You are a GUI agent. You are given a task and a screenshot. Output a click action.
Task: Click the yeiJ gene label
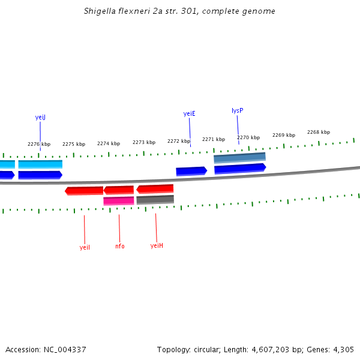(x=40, y=118)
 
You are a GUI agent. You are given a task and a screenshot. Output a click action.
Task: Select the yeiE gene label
(x=189, y=113)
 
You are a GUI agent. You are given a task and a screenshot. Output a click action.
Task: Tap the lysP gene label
(x=237, y=110)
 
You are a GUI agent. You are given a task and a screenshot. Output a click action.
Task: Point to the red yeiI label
(x=85, y=247)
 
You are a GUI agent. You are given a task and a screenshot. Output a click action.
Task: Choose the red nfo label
(x=120, y=247)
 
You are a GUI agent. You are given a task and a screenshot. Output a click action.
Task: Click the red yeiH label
(x=157, y=245)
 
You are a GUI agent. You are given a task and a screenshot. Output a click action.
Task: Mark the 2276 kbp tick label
(x=39, y=144)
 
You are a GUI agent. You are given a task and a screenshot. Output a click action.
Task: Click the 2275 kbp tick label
(x=74, y=144)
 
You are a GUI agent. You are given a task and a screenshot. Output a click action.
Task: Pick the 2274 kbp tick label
(x=109, y=143)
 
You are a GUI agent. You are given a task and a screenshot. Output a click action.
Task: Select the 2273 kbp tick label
(x=144, y=142)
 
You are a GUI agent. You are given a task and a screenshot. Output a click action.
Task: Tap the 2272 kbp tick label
(x=179, y=141)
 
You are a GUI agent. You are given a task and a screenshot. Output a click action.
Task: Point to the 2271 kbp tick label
(x=214, y=139)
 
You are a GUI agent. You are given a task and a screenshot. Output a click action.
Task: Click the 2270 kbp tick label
(x=248, y=137)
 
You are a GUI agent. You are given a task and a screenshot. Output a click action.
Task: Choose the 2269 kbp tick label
(x=284, y=135)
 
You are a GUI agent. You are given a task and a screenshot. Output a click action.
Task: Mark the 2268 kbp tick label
(x=319, y=132)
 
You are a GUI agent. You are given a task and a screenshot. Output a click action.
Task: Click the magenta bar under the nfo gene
(x=118, y=201)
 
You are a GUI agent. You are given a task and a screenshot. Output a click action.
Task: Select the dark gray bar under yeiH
(x=155, y=200)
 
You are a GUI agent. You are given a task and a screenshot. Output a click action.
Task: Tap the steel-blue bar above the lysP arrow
(x=239, y=158)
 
